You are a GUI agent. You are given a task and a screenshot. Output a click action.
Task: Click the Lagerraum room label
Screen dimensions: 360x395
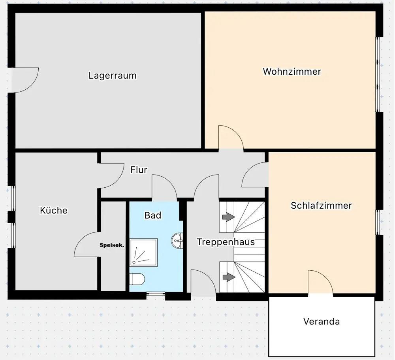tap(113, 75)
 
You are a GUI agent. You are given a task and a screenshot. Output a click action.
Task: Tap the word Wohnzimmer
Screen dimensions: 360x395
tap(292, 72)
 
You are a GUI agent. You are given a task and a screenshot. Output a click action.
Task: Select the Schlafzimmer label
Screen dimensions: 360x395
tap(321, 205)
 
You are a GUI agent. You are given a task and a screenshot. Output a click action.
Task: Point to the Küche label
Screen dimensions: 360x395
tap(54, 210)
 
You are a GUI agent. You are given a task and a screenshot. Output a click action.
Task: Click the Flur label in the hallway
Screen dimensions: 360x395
tap(139, 170)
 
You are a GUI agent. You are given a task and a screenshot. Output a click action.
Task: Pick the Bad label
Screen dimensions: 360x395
tap(153, 215)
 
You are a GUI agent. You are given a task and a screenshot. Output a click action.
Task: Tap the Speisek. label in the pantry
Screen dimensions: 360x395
tap(112, 245)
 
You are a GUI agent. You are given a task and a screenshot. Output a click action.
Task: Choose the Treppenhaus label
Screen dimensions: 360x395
tap(226, 242)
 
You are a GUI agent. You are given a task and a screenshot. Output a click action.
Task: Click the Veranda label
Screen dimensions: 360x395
tap(322, 321)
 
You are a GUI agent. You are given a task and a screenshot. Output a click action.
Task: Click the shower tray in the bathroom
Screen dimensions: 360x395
tap(144, 252)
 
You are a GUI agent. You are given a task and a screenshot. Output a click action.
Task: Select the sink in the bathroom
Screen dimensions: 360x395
tap(178, 240)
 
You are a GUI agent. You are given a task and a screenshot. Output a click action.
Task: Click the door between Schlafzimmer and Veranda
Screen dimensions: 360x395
tap(320, 283)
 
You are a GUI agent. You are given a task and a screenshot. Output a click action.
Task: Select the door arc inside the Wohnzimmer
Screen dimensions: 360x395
tap(231, 138)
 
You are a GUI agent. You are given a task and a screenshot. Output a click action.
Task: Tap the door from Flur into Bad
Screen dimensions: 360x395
tap(164, 189)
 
